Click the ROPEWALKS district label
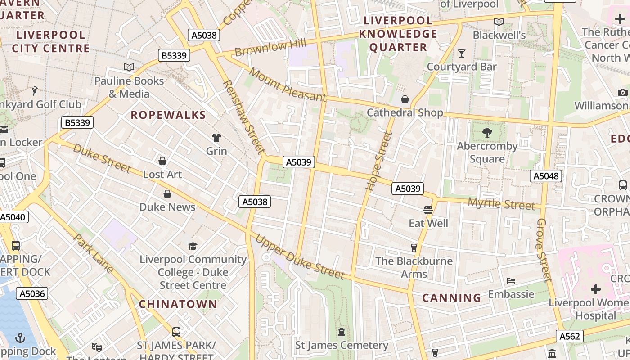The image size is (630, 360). pos(168,115)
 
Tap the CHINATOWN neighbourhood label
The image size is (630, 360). pos(178,304)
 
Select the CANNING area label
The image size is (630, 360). pos(452,298)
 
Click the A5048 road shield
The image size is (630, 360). pos(546,176)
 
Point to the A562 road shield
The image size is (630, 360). pos(569,336)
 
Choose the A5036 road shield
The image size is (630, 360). pos(32,294)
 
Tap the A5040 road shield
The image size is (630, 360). pos(13,217)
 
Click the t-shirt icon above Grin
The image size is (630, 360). pos(216,137)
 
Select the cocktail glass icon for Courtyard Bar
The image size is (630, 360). pos(462,54)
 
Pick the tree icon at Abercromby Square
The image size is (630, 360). pos(487,132)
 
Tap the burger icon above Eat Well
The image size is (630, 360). pos(428,210)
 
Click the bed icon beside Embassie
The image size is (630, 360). pos(511,281)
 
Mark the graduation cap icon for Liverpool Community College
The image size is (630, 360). pos(193,246)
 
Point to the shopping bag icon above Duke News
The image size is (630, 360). pos(167,194)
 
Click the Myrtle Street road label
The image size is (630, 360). pos(501,204)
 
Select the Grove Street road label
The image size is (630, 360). pos(544,250)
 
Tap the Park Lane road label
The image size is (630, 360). pos(94,253)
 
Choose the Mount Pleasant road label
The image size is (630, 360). pos(287,84)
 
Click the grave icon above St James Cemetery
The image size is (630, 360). pos(342,332)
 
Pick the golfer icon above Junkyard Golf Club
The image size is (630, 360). pos(35,91)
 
